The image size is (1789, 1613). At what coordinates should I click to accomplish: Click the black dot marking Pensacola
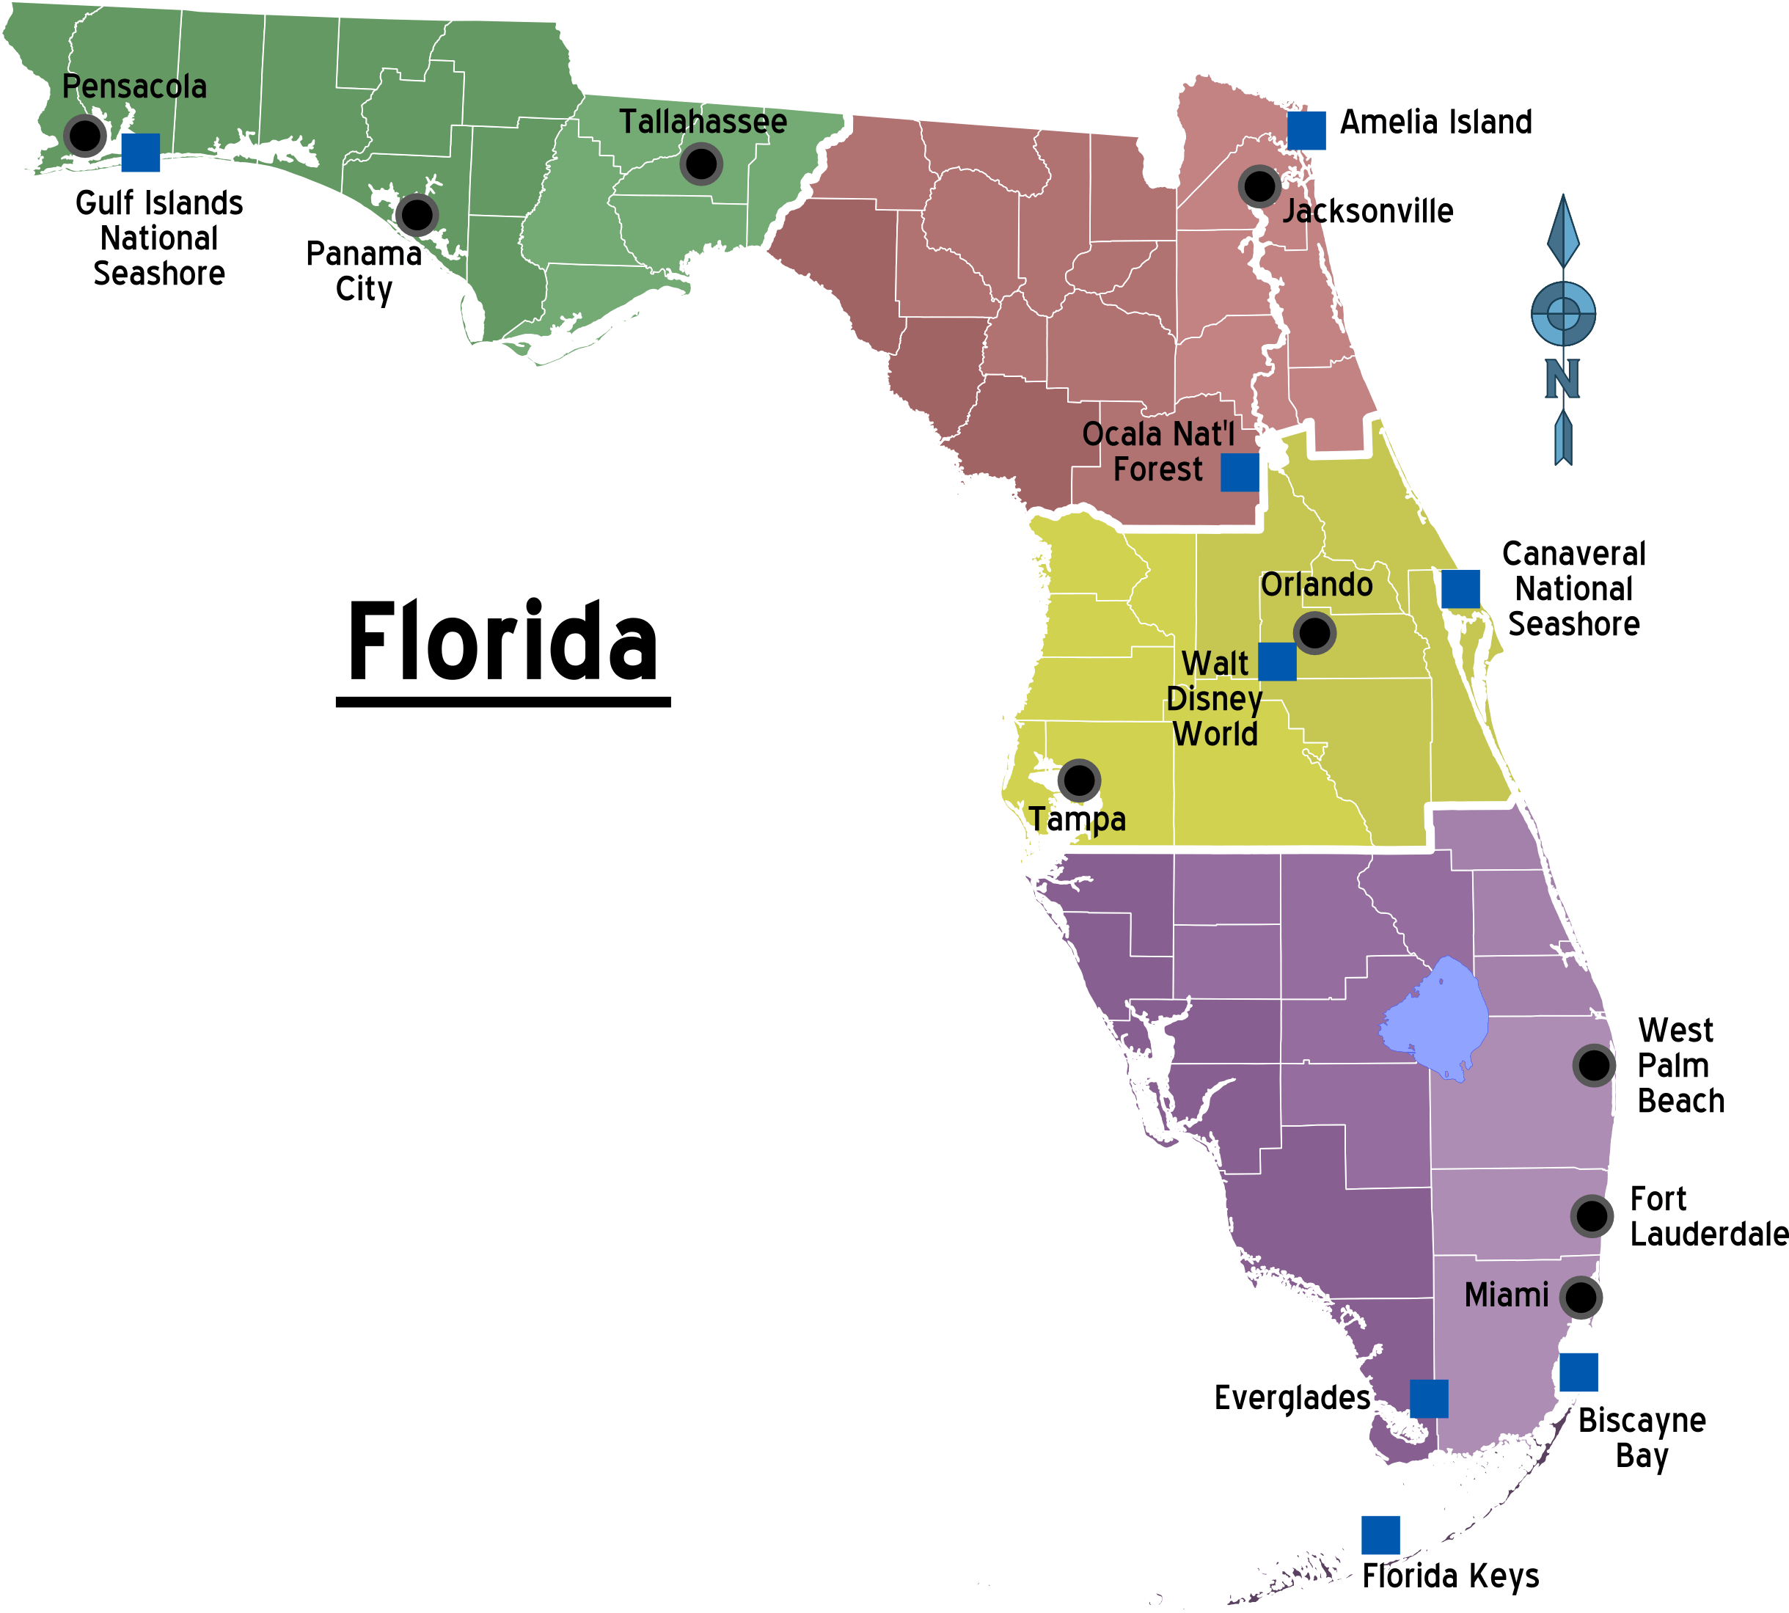85,136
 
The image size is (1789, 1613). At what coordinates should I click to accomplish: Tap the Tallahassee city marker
701,164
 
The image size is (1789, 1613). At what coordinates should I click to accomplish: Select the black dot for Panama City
417,213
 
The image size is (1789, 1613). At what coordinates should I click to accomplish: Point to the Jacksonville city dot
1258,186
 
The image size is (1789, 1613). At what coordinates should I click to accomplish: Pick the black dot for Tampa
1078,780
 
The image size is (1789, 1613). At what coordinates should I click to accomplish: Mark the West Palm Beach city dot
1593,1065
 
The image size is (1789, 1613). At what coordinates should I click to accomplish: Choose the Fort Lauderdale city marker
1592,1216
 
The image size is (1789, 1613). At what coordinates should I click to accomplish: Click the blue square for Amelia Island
1306,131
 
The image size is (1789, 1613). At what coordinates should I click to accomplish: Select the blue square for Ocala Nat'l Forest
1240,472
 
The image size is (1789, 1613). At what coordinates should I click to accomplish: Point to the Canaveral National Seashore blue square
1460,588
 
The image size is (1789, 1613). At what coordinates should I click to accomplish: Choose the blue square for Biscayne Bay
1578,1372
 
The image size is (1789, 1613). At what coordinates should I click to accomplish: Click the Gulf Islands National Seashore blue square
140,153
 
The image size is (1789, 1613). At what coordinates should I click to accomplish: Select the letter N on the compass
1562,378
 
